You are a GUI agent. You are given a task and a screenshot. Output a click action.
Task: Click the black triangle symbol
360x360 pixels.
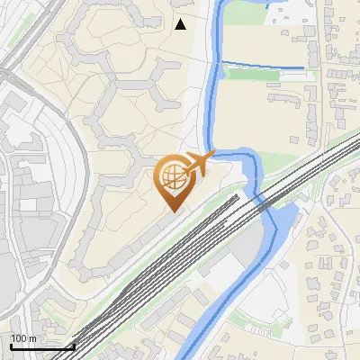click(181, 24)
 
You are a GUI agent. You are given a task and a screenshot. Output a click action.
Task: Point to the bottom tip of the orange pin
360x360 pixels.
click(171, 211)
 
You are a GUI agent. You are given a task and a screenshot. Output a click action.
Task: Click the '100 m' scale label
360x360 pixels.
click(23, 338)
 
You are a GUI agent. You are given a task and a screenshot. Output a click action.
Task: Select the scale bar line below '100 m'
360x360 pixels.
click(41, 346)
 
